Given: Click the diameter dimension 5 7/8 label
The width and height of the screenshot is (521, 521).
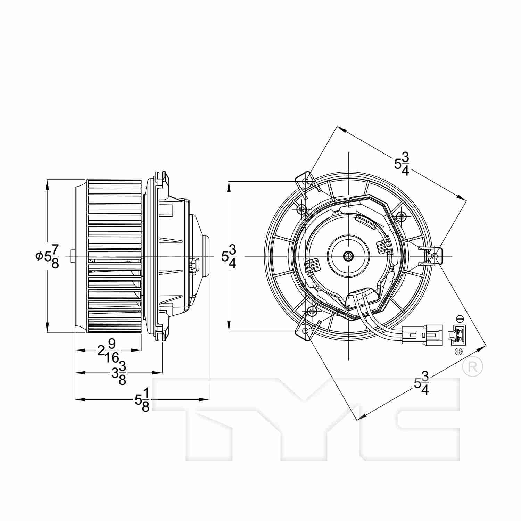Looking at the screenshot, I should click(x=49, y=256).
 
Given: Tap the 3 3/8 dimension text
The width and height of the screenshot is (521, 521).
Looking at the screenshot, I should click(x=118, y=373).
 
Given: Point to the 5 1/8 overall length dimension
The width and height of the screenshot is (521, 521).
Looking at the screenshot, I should click(x=142, y=400).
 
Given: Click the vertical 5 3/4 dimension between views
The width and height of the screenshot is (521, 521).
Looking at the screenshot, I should click(x=229, y=256).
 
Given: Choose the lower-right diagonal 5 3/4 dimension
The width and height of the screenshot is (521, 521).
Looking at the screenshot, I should click(x=422, y=383).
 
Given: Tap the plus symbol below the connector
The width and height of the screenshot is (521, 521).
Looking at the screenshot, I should click(x=459, y=352).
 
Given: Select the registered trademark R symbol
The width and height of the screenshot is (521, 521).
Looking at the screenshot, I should click(x=473, y=366).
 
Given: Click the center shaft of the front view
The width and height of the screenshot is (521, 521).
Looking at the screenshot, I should click(x=348, y=256).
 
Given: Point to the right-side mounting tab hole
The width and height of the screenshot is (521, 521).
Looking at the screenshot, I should click(x=435, y=256).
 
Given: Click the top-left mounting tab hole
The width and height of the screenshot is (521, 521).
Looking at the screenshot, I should click(x=305, y=181).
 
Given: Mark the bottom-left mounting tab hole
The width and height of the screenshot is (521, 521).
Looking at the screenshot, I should click(x=305, y=330).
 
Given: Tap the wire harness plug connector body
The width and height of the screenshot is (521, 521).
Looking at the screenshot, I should click(x=422, y=335).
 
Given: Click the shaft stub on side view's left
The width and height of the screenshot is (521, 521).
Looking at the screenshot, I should click(x=72, y=256).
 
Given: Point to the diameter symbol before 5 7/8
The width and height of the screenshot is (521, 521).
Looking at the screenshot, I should click(x=38, y=256).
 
